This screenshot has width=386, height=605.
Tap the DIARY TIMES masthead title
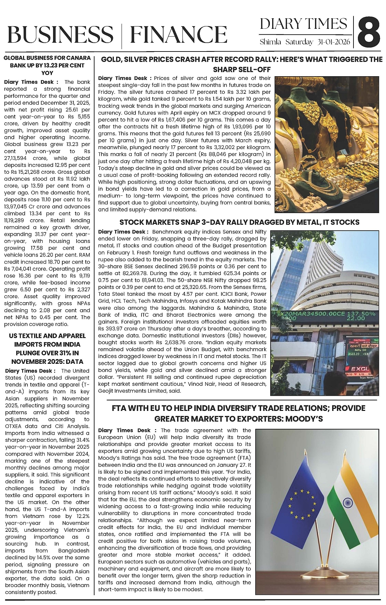point(303,24)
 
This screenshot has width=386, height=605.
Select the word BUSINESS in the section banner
point(60,35)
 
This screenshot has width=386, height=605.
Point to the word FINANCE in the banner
point(178,35)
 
